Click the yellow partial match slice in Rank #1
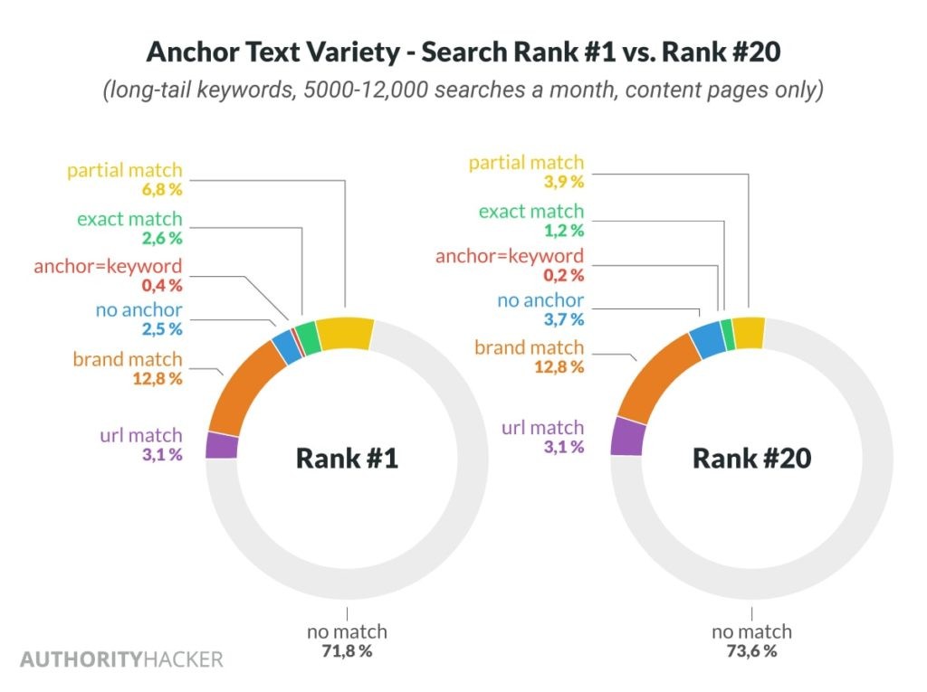(x=345, y=333)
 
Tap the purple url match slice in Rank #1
(x=221, y=445)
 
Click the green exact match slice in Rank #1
(x=308, y=337)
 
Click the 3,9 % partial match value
(x=564, y=181)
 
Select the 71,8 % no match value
(x=347, y=650)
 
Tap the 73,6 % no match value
(x=751, y=650)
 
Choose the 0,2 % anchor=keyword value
(x=564, y=275)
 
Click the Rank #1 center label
(x=347, y=458)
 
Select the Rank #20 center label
(x=751, y=458)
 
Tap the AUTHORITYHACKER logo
(x=121, y=659)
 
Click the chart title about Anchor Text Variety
(x=463, y=52)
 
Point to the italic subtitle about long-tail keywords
(x=463, y=91)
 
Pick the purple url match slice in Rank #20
(x=626, y=436)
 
